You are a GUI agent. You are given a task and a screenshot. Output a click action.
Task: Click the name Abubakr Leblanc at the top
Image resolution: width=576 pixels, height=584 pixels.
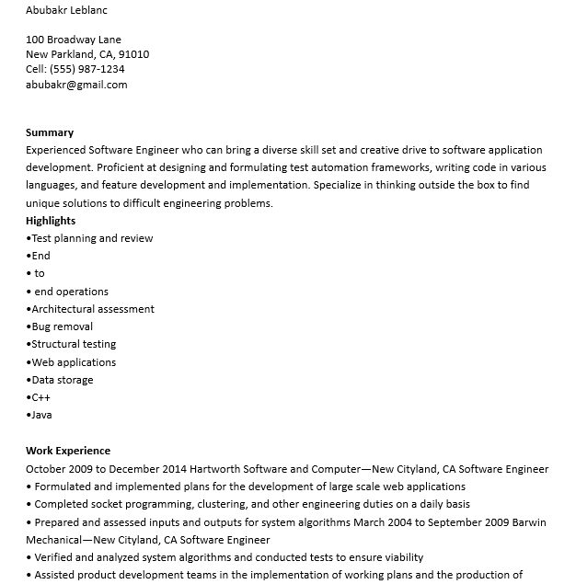66,10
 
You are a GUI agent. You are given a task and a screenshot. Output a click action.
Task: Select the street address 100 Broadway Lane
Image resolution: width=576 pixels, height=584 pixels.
74,40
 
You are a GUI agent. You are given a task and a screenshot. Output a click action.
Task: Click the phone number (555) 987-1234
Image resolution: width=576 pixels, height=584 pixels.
87,69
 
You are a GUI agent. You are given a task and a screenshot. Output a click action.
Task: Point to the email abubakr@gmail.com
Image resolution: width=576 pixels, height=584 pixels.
76,85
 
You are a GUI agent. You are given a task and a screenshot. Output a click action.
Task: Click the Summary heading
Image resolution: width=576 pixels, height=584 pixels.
50,132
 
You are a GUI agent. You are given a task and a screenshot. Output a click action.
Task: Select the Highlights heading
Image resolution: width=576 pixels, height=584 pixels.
51,221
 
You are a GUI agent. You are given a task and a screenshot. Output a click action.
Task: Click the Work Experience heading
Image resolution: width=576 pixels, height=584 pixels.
68,451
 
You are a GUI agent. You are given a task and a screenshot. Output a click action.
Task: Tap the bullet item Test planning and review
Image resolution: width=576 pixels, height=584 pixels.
92,238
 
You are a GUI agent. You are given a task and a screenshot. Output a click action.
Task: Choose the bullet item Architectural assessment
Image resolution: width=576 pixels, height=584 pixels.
93,309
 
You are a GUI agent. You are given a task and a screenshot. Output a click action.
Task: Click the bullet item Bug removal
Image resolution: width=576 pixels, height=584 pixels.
63,326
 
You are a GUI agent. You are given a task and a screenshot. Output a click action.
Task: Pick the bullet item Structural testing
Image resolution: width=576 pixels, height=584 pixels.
74,344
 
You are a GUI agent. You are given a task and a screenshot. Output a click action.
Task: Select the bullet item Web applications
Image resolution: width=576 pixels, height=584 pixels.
74,362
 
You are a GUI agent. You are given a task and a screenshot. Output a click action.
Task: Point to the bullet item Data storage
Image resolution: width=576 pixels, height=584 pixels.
63,380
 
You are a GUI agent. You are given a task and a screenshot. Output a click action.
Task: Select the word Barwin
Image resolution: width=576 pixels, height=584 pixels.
528,522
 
